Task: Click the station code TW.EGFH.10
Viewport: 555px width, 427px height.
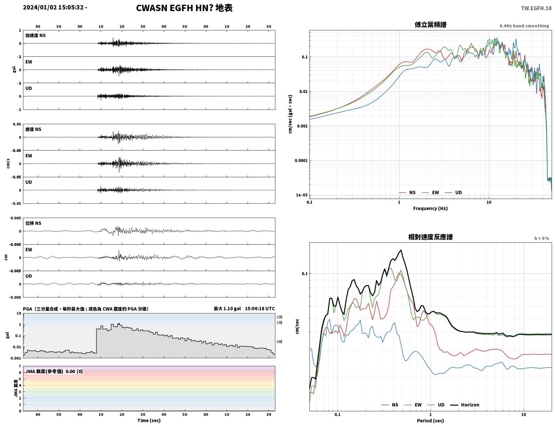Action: pyautogui.click(x=536, y=8)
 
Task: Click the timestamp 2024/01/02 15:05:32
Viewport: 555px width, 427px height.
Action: pyautogui.click(x=53, y=7)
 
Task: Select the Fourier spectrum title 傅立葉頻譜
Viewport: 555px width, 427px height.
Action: pyautogui.click(x=431, y=25)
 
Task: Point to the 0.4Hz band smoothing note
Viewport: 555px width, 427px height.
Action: pyautogui.click(x=524, y=26)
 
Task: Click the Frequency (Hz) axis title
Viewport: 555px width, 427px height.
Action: pyautogui.click(x=431, y=208)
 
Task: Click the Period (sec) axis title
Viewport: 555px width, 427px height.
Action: pyautogui.click(x=431, y=421)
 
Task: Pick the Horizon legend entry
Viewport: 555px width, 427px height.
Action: pyautogui.click(x=465, y=405)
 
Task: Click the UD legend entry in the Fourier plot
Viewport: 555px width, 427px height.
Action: pyautogui.click(x=453, y=193)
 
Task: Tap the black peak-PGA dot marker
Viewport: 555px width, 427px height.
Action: pyautogui.click(x=119, y=324)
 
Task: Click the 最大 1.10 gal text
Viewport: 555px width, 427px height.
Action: pyautogui.click(x=227, y=308)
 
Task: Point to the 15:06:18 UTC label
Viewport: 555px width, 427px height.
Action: pyautogui.click(x=260, y=308)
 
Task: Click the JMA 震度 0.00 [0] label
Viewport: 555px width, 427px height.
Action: pyautogui.click(x=54, y=371)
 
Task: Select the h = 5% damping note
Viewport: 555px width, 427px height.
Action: pyautogui.click(x=541, y=238)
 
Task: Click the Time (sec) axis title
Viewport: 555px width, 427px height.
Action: pyautogui.click(x=149, y=420)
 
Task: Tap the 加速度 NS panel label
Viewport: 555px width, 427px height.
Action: pyautogui.click(x=35, y=35)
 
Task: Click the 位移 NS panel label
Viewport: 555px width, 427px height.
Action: pyautogui.click(x=33, y=223)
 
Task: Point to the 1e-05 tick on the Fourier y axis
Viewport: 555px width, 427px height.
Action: pyautogui.click(x=302, y=195)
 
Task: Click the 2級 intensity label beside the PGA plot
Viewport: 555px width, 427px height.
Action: pyautogui.click(x=279, y=317)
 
